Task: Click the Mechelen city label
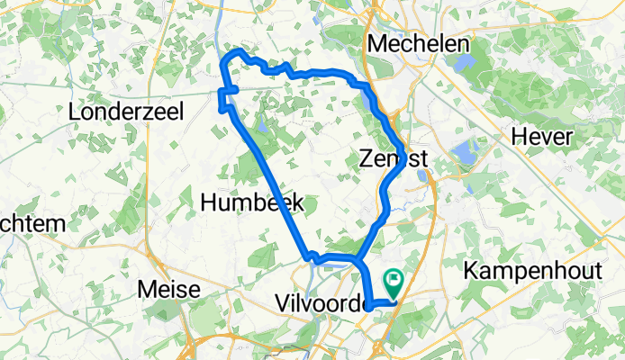click(420, 44)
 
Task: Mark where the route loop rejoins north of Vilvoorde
click(358, 260)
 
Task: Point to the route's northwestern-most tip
click(225, 61)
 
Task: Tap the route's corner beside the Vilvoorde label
click(369, 304)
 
